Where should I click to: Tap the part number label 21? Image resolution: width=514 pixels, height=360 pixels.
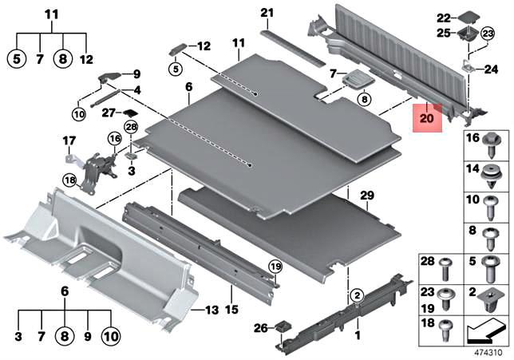267,13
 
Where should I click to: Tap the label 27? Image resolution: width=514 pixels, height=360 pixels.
109,113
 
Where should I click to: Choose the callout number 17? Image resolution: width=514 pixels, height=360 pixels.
69,143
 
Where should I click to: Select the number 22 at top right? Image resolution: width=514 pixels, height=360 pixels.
444,18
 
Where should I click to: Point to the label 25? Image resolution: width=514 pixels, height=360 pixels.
444,33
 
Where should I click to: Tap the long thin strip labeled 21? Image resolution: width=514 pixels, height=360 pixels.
294,46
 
